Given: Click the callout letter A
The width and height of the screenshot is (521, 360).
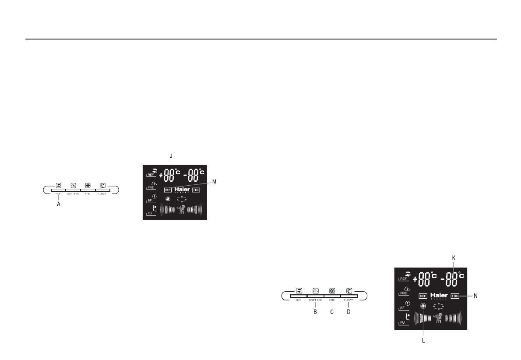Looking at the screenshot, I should (x=58, y=203).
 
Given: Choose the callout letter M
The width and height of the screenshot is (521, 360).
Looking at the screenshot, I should (x=214, y=181).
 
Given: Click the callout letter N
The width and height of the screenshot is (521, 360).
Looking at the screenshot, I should (x=476, y=296).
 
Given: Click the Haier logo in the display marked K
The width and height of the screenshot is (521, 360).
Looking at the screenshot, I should (x=438, y=295).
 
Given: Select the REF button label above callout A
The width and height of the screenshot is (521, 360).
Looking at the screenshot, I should (x=58, y=193).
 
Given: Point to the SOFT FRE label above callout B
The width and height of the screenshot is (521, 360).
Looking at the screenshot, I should (x=74, y=193).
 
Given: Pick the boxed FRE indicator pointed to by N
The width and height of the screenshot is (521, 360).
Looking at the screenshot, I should (x=455, y=296).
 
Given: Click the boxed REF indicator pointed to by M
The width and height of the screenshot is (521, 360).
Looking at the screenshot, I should (x=168, y=190).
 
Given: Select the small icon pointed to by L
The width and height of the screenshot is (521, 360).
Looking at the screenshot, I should (x=423, y=306).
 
